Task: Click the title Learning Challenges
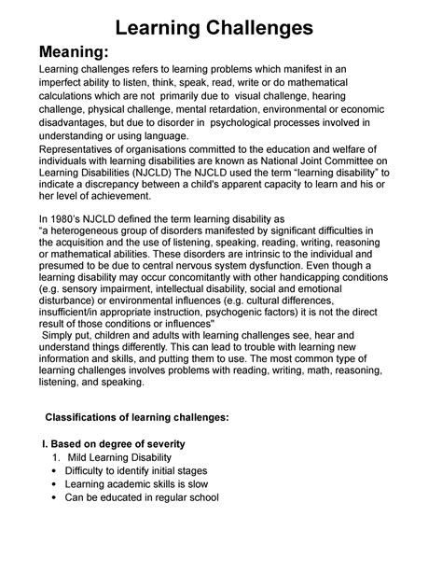pos(220,27)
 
